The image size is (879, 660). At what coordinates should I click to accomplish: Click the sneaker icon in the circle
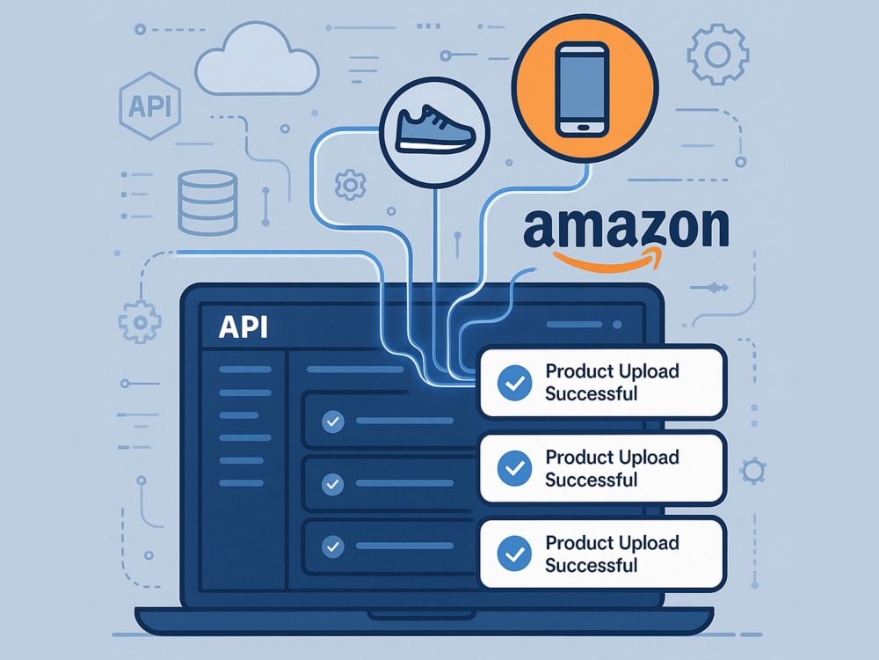pyautogui.click(x=434, y=129)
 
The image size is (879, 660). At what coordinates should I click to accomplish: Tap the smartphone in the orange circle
pyautogui.click(x=583, y=89)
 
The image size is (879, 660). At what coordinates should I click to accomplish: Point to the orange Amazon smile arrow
pyautogui.click(x=607, y=260)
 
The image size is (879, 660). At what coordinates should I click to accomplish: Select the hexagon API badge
pyautogui.click(x=149, y=106)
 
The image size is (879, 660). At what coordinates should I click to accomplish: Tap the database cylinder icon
pyautogui.click(x=207, y=202)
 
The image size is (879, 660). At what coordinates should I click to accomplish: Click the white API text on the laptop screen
pyautogui.click(x=243, y=326)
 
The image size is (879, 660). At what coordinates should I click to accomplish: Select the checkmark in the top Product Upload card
pyautogui.click(x=514, y=383)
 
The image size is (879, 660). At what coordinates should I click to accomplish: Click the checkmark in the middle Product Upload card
pyautogui.click(x=514, y=468)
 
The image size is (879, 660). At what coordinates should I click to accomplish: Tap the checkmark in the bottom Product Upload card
pyautogui.click(x=514, y=554)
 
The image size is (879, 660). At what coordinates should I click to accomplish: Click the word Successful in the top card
pyautogui.click(x=591, y=394)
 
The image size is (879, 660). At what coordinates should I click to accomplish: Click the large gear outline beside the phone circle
pyautogui.click(x=718, y=55)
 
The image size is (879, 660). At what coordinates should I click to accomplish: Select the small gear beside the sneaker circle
pyautogui.click(x=351, y=185)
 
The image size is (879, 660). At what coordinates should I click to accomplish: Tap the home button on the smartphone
pyautogui.click(x=583, y=128)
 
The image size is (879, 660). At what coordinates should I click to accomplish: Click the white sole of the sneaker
pyautogui.click(x=435, y=147)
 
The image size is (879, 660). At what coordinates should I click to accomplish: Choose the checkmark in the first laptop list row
pyautogui.click(x=333, y=421)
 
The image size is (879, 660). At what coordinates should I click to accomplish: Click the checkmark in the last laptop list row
pyautogui.click(x=333, y=546)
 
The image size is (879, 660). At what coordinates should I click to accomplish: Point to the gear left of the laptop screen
pyautogui.click(x=140, y=322)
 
